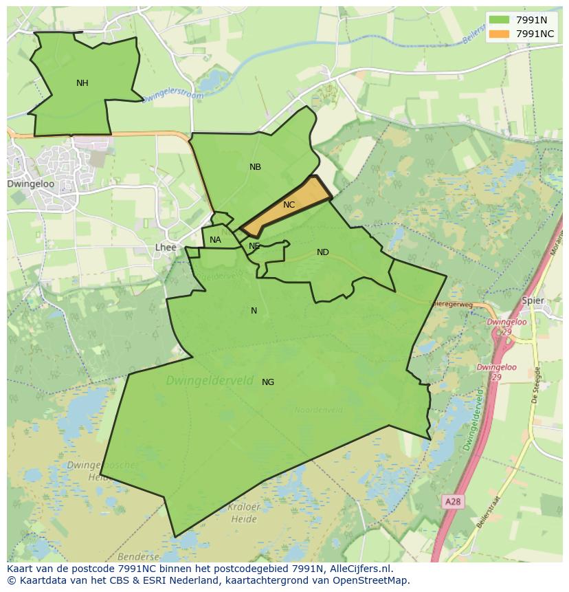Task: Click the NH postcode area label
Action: [82, 83]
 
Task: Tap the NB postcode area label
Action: [255, 167]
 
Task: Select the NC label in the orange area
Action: [289, 205]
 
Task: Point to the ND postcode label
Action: [322, 252]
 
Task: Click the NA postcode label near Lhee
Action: [215, 240]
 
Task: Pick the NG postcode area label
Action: [268, 382]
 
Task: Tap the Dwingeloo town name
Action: [30, 184]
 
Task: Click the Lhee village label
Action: [166, 248]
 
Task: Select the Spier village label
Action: [533, 300]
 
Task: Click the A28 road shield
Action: [452, 502]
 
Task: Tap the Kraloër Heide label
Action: [243, 512]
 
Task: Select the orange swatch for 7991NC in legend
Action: [500, 34]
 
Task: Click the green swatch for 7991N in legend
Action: [500, 20]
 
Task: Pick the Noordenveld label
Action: [318, 410]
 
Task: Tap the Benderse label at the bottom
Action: [138, 556]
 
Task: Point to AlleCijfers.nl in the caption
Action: [359, 569]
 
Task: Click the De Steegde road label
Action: [537, 386]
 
